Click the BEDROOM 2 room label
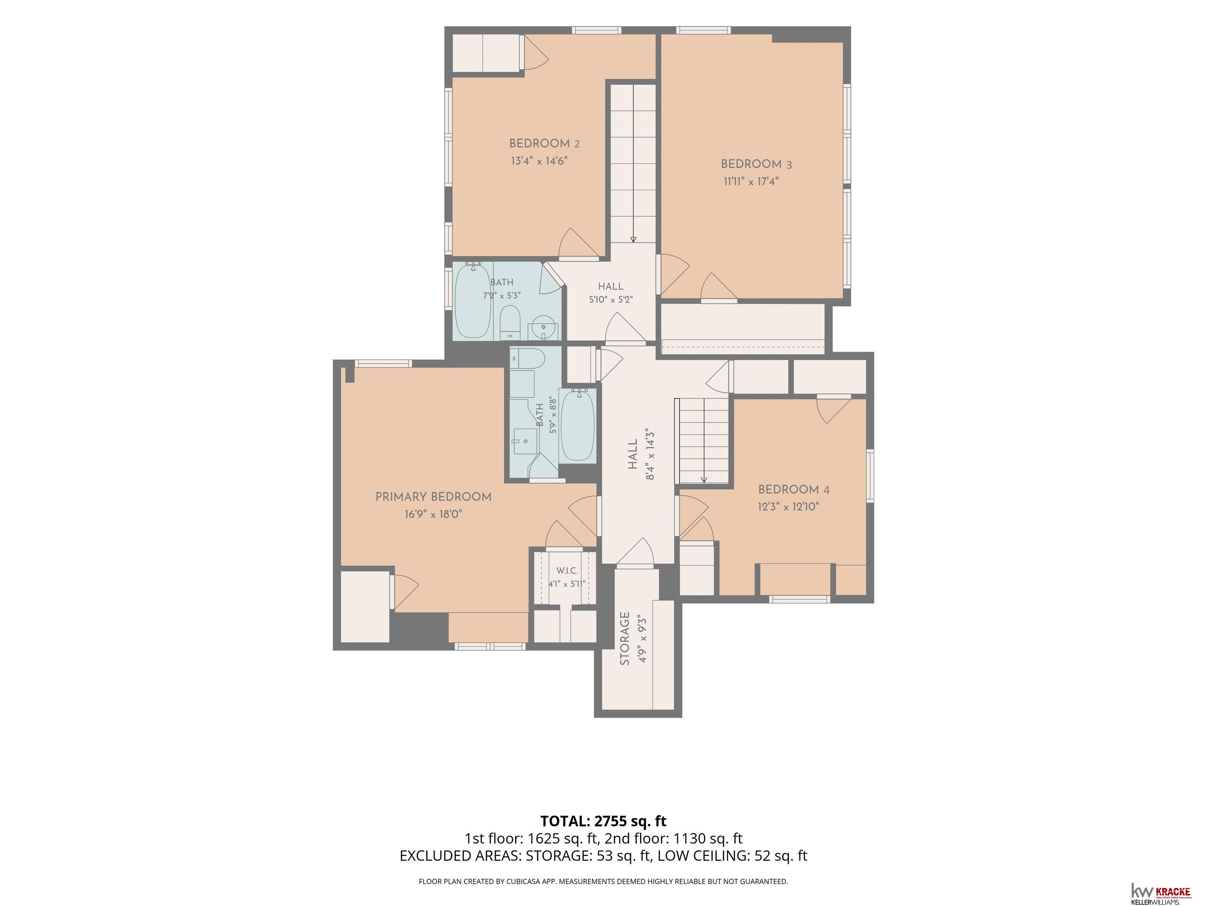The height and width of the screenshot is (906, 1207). [x=544, y=144]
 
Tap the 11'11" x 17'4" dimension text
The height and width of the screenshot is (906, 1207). [x=751, y=181]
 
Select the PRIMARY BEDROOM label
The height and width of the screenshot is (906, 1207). [x=433, y=497]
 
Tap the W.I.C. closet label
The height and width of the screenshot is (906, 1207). [x=567, y=571]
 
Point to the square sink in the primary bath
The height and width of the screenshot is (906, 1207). [x=525, y=441]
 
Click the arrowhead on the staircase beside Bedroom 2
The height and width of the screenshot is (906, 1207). [x=633, y=239]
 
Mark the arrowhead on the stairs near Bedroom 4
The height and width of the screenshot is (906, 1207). [x=704, y=480]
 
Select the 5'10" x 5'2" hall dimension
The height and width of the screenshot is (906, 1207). [x=611, y=300]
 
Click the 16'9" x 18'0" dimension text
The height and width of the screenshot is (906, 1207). [x=433, y=514]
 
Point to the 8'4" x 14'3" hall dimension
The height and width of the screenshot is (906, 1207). [x=650, y=454]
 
